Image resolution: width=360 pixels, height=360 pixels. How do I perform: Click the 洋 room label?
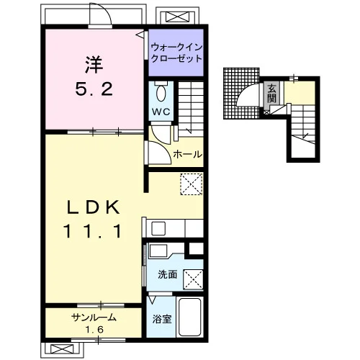94,65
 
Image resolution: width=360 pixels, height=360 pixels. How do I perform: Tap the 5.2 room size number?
94,89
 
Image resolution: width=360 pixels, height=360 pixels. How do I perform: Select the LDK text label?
93,207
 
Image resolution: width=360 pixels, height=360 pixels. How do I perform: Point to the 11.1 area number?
92,231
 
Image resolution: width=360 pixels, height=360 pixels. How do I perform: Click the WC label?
161,112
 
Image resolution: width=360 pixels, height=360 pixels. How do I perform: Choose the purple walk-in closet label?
176,53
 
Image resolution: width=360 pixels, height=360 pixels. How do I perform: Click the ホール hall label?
188,154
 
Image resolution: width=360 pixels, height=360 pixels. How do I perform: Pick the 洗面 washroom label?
168,274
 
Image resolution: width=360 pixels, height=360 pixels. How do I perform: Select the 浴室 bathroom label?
162,319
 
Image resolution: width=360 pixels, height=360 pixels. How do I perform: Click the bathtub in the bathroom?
190,317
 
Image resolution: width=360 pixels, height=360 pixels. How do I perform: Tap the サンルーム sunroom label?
94,318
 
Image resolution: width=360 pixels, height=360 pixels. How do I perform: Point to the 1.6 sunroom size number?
94,330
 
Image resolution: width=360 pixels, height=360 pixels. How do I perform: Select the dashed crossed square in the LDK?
192,184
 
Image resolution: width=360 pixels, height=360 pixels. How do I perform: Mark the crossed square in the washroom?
193,279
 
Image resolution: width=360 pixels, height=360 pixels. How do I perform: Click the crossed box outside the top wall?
177,17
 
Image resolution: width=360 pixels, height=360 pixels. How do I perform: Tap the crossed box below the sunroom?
62,349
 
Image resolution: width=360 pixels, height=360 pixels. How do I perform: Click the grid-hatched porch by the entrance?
240,94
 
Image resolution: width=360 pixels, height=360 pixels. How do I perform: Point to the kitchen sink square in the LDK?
158,228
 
